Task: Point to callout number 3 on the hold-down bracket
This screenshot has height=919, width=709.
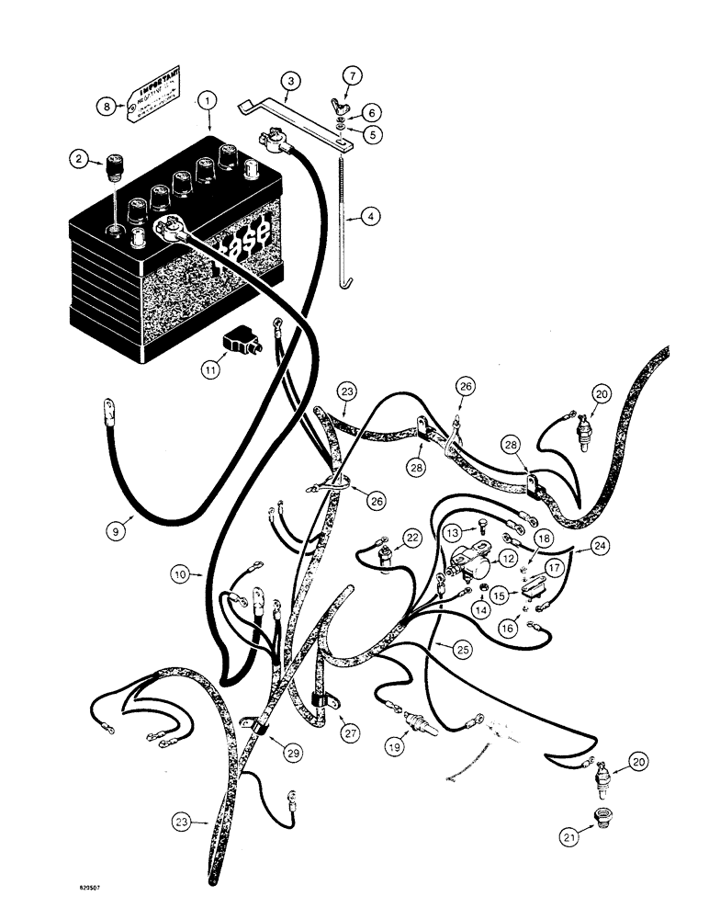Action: pos(290,82)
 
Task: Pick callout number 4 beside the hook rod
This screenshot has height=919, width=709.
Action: pos(392,218)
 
